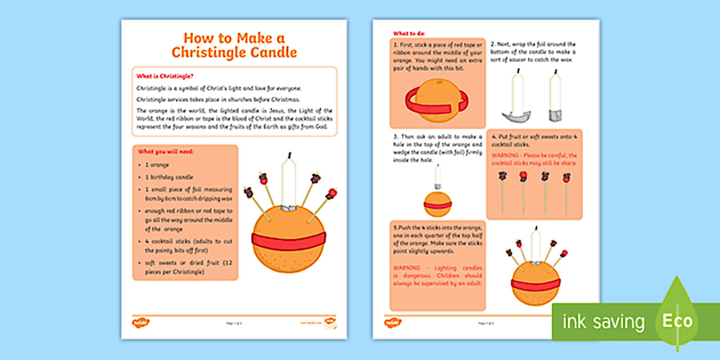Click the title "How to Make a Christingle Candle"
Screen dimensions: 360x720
tap(234, 45)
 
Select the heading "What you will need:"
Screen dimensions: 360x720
tap(165, 152)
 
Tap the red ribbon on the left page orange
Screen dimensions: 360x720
tap(289, 241)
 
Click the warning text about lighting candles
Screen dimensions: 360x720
tap(438, 275)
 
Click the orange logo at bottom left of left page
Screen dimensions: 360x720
tap(141, 323)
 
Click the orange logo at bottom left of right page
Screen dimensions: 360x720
tap(393, 323)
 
